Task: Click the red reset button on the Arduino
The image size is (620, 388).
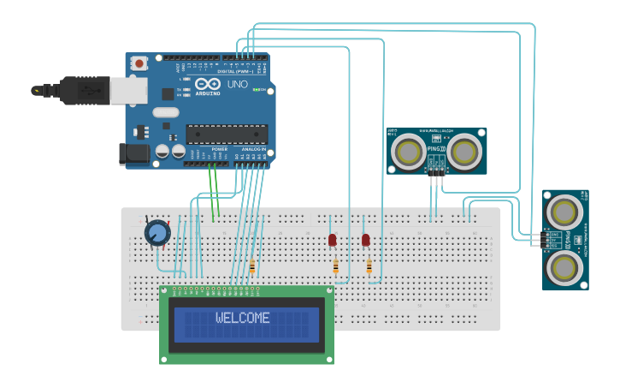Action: coord(139,63)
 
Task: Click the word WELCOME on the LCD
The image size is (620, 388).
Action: coord(243,318)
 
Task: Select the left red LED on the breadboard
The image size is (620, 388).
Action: coord(332,241)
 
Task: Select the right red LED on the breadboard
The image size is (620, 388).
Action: coord(366,241)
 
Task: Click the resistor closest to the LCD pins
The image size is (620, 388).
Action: coord(252,267)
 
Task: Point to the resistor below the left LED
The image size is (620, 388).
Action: coord(335,267)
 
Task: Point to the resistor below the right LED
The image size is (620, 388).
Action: coord(369,267)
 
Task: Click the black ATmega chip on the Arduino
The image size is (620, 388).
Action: coord(227,134)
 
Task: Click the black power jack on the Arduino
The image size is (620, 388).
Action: coord(134,154)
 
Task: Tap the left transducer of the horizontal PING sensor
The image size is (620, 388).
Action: coord(408,152)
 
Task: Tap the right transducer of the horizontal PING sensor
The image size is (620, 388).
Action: coord(464,152)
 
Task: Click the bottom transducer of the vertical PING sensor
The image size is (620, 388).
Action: coord(564,268)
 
